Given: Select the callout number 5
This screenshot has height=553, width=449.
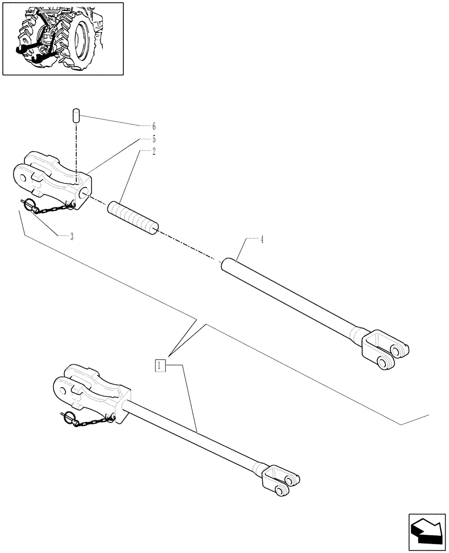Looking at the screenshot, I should click(146, 139).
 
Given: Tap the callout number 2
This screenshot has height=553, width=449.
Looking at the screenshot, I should click(146, 151).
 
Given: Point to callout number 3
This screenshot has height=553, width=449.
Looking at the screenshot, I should click(71, 237).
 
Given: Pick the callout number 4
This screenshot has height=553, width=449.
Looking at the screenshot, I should click(262, 239).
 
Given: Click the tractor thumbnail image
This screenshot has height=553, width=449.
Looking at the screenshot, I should click(63, 38).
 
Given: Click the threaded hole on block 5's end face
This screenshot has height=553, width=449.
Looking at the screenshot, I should click(83, 193).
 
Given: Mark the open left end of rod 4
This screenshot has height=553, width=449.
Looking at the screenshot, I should click(226, 264).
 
